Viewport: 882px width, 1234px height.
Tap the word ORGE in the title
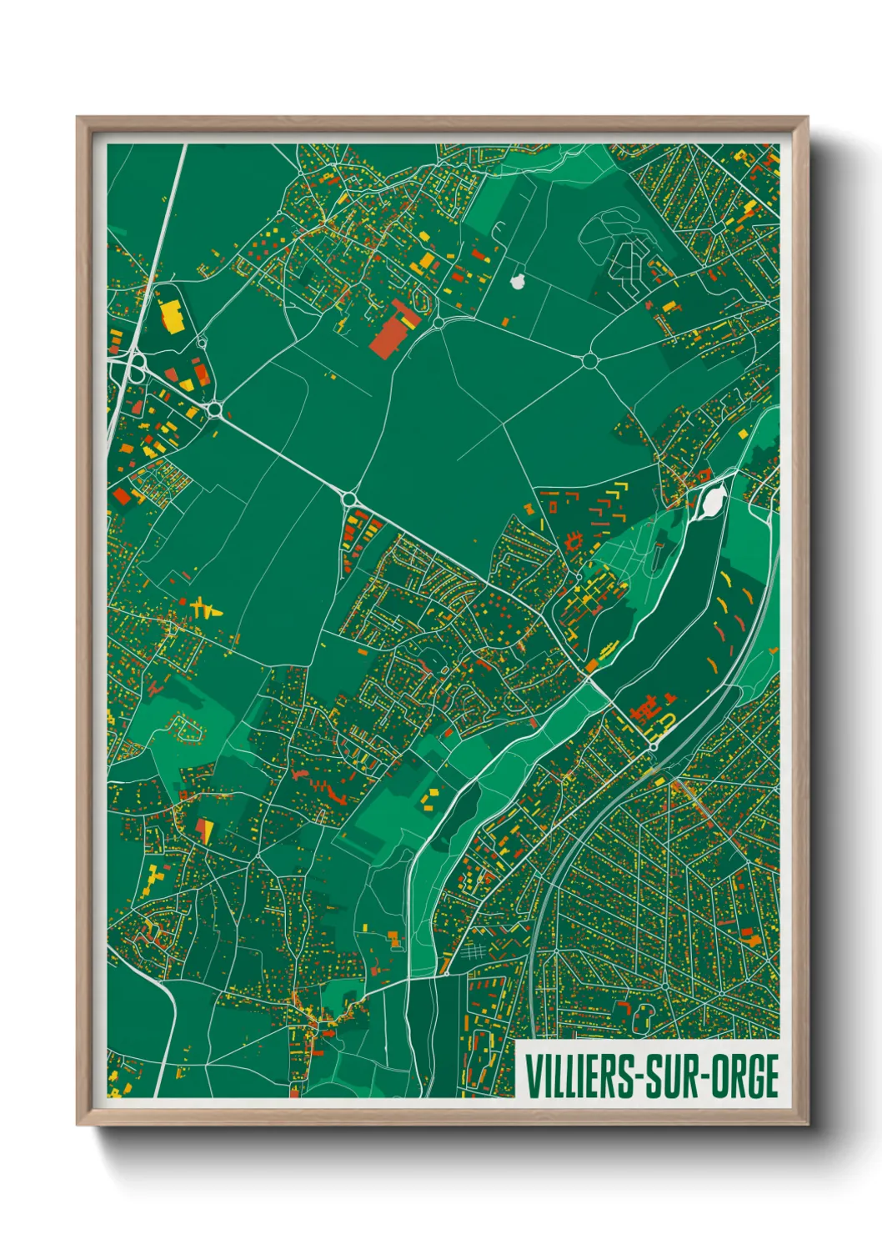click(x=744, y=1076)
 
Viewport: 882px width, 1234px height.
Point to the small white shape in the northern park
click(x=518, y=282)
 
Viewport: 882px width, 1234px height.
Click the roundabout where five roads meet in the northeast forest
click(x=590, y=360)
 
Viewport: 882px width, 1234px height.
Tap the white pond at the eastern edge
click(x=714, y=501)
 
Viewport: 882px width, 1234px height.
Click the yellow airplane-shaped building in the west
click(x=203, y=607)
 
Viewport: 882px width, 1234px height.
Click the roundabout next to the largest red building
click(x=438, y=322)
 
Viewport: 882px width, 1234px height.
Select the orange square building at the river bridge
click(x=592, y=665)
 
